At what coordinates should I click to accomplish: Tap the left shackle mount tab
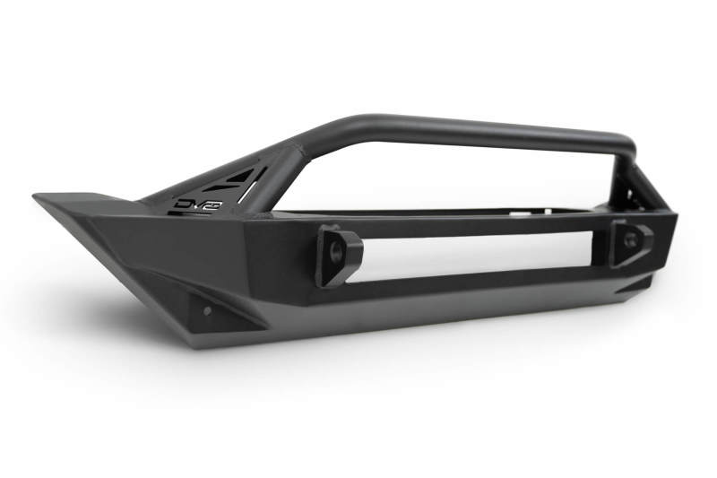pyautogui.click(x=336, y=255)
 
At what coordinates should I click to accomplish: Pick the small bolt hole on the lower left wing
pyautogui.click(x=207, y=310)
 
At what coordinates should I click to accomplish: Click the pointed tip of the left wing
pyautogui.click(x=38, y=196)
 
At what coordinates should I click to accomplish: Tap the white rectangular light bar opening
pyautogui.click(x=466, y=255)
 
